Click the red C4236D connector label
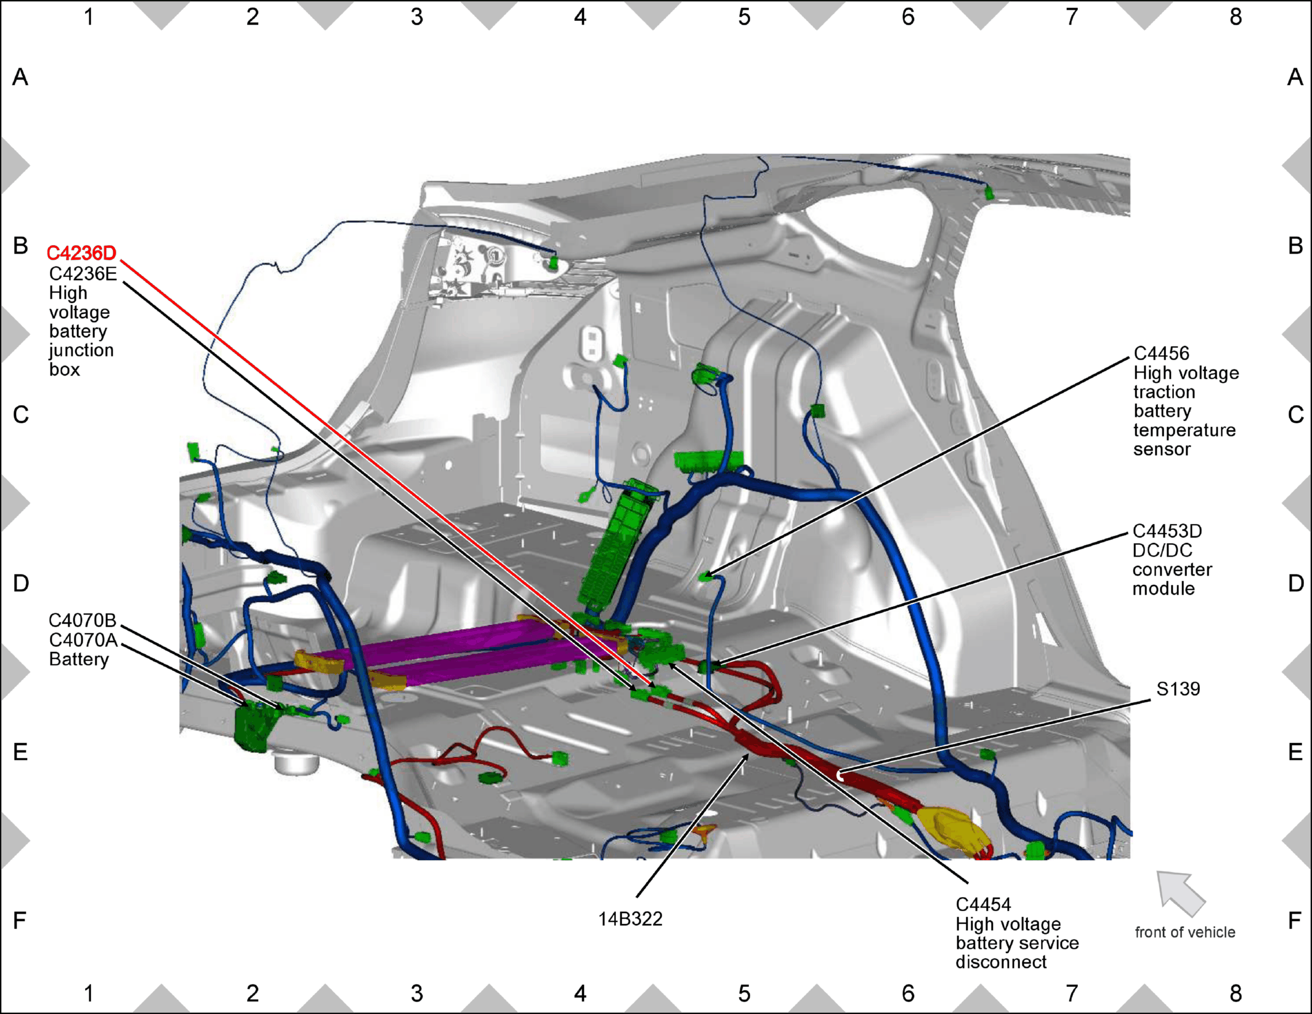pos(81,253)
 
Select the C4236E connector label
pos(83,273)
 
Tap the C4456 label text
pos(1161,353)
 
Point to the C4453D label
pos(1167,531)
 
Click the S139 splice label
pos(1178,688)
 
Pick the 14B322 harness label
pos(630,919)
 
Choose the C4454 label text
pos(983,904)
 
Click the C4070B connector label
pos(82,620)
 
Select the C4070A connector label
pos(83,640)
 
